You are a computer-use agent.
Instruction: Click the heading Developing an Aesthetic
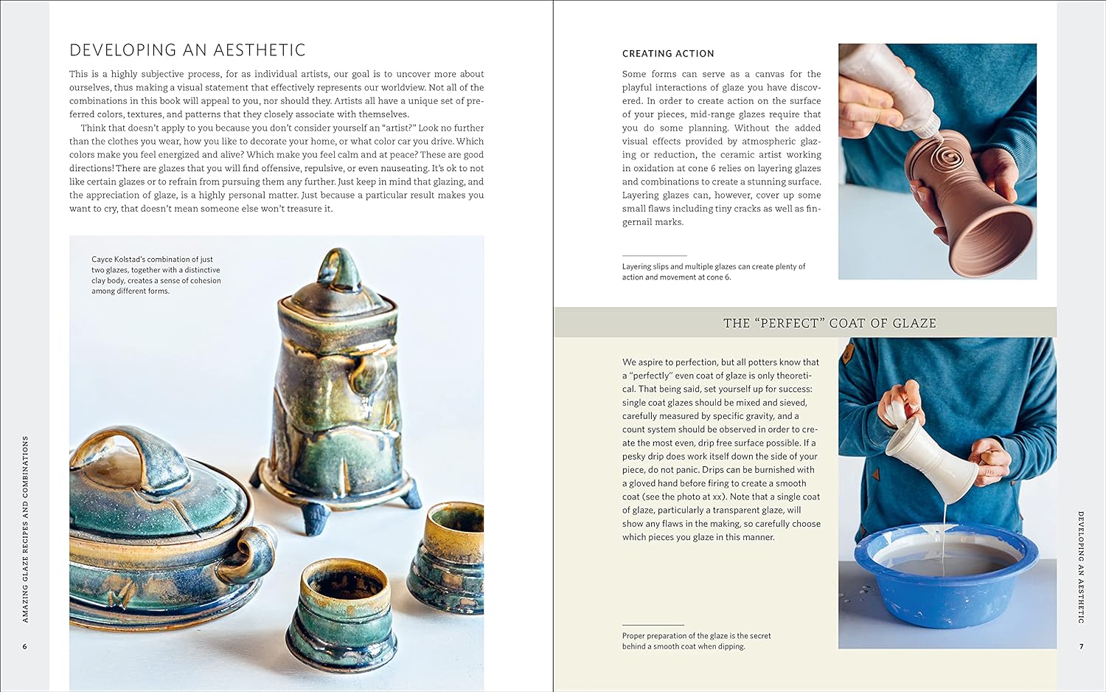(x=187, y=50)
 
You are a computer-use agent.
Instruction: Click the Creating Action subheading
(x=668, y=53)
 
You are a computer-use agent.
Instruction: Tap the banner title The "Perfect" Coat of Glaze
(x=829, y=323)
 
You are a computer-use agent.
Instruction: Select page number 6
(x=24, y=646)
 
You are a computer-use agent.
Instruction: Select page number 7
(x=1082, y=646)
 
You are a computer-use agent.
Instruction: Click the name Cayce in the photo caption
(x=102, y=259)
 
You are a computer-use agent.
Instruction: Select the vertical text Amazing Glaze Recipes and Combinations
(x=26, y=529)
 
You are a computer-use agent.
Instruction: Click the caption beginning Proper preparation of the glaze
(x=696, y=641)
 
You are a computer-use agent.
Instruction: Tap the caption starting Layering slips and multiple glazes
(x=714, y=271)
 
